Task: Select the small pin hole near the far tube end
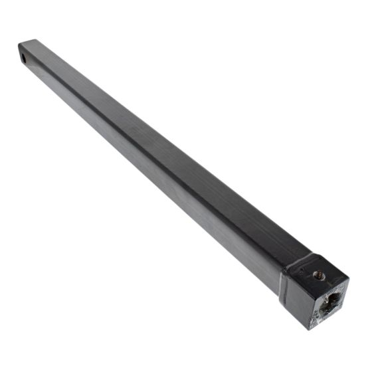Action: pos(24,58)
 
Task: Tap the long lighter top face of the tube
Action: pos(166,146)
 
